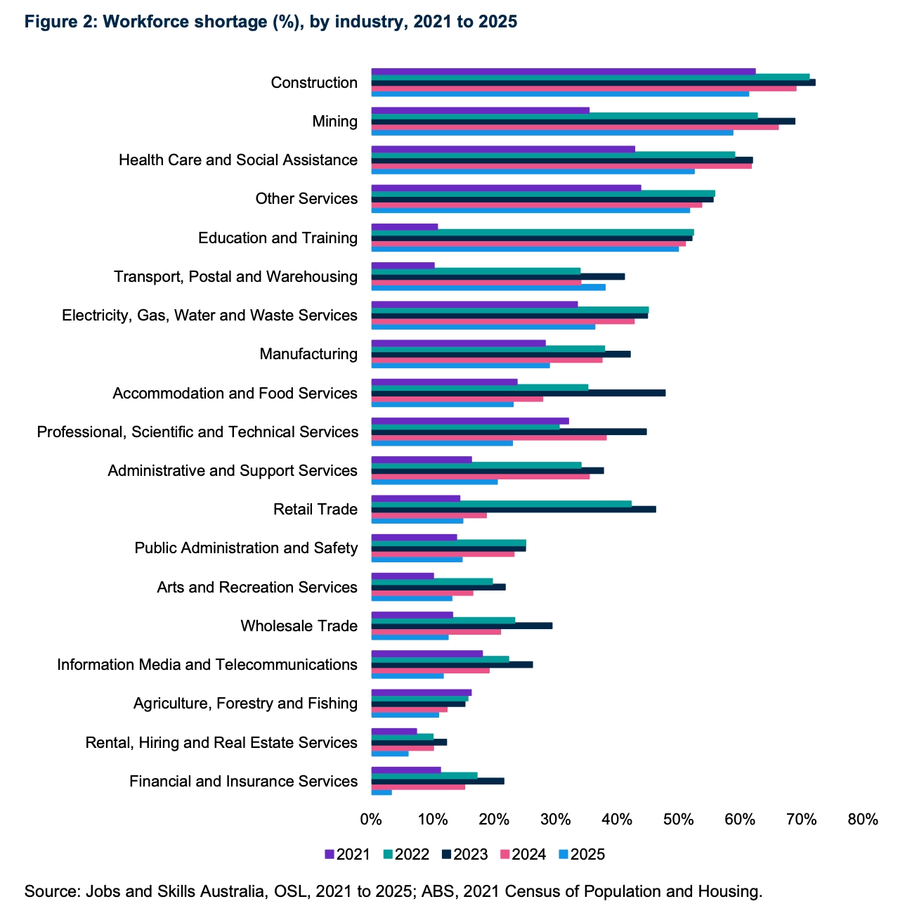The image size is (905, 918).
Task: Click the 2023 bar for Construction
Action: coord(593,82)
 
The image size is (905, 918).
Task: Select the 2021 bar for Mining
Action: coord(480,110)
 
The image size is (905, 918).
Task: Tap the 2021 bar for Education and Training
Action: coord(404,226)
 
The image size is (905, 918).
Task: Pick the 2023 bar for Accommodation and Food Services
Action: coord(518,392)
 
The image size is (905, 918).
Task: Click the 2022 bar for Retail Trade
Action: coord(501,503)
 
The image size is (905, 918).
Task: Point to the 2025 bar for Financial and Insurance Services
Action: coord(382,792)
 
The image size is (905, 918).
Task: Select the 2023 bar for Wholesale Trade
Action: coord(462,626)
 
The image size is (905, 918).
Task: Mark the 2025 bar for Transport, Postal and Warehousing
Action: coord(488,287)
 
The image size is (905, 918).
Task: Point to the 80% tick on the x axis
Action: coord(863,820)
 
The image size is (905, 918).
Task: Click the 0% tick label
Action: coord(371,820)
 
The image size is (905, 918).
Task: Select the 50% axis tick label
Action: coord(679,820)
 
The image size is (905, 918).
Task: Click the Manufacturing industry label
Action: coord(308,354)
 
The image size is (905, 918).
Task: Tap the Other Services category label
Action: coord(306,199)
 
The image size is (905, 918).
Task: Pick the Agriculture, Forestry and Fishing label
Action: coord(245,703)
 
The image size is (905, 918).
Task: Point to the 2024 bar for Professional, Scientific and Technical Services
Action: coord(488,437)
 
